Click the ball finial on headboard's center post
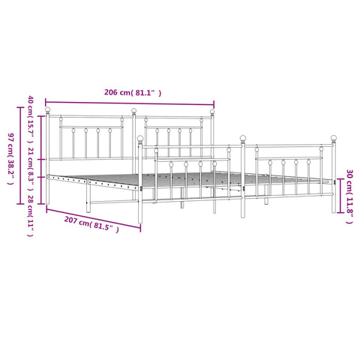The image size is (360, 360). [135, 112]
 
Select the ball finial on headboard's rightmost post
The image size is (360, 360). [212, 113]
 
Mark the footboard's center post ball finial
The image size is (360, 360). [242, 138]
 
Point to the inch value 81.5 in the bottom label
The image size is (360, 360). [106, 224]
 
